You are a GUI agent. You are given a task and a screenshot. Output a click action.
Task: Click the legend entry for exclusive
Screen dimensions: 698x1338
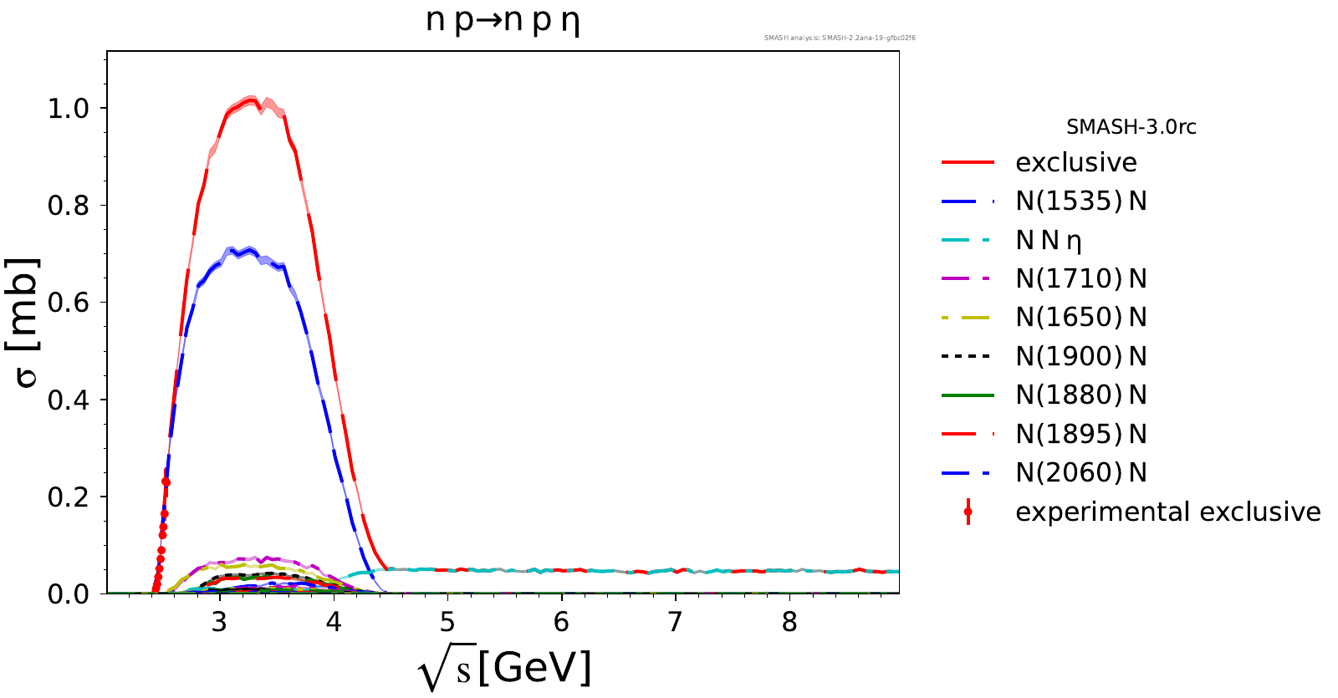(1075, 162)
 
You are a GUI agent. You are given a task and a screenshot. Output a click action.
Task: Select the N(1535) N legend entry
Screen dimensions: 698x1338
(1080, 201)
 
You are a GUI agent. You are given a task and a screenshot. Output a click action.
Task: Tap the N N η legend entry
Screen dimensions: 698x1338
(1049, 240)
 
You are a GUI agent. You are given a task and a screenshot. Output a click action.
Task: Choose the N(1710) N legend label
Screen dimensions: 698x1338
(1080, 278)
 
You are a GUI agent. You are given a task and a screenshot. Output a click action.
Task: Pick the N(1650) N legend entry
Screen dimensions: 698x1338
(1080, 317)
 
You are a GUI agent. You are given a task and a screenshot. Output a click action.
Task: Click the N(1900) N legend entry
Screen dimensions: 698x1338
(1080, 356)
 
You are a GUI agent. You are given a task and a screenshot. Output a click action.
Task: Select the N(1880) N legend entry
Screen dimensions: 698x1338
(1080, 395)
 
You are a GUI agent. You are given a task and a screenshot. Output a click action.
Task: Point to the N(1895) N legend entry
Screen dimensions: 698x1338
(1080, 434)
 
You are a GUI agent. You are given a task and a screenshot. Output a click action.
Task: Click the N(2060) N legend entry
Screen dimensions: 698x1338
(1080, 472)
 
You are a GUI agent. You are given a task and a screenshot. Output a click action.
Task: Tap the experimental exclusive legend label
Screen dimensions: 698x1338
(1167, 512)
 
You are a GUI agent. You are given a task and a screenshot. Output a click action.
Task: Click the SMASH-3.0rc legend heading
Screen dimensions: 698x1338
(1131, 127)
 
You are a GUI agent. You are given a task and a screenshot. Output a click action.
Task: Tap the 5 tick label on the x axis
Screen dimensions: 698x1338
(447, 622)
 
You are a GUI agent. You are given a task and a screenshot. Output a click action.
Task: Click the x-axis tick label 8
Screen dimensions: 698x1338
(789, 622)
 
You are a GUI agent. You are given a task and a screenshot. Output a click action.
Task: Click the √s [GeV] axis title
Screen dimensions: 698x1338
(504, 669)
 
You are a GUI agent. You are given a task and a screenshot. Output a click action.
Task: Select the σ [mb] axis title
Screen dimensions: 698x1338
(27, 322)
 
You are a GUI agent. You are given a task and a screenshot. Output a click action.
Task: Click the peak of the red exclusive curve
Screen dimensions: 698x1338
(251, 100)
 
